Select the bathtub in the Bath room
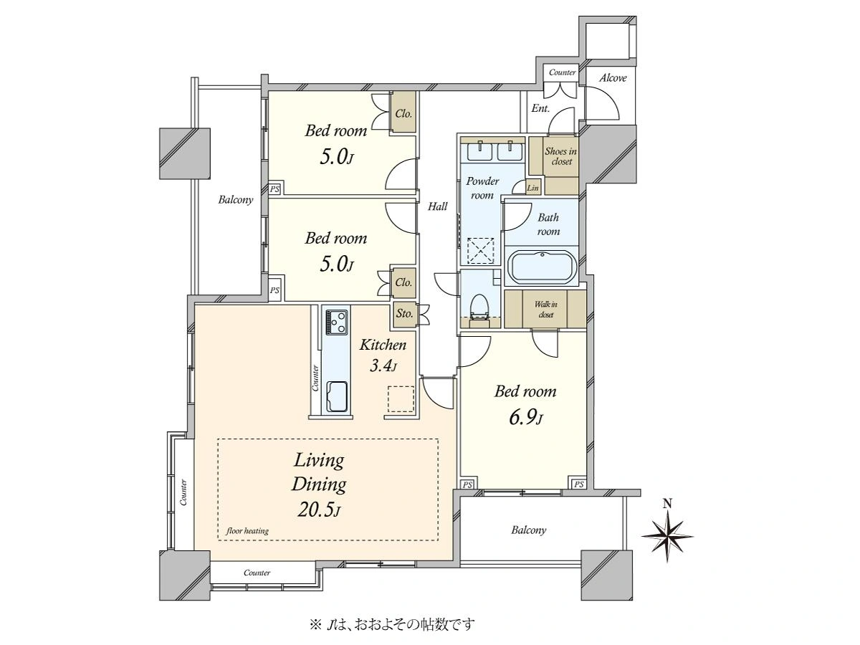point(541,267)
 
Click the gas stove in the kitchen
point(336,322)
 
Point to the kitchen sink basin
point(336,396)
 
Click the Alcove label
point(613,78)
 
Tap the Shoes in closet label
point(560,156)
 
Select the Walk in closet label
point(546,310)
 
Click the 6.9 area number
point(525,419)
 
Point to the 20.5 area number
point(318,510)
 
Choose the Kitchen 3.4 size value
point(383,366)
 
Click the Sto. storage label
point(404,313)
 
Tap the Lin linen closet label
point(533,188)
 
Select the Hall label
point(437,206)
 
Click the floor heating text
point(247,531)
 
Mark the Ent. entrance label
point(540,108)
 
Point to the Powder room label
point(482,188)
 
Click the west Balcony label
point(236,200)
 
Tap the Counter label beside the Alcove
point(563,72)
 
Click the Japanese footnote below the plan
point(392,623)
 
